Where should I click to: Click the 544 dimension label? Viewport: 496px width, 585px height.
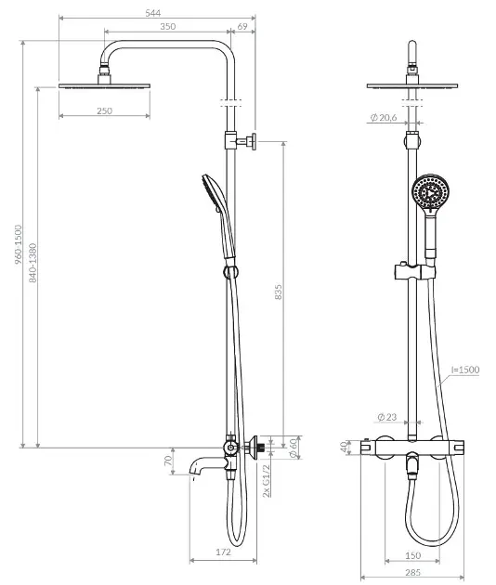click(x=153, y=13)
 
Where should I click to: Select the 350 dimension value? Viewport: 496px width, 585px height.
click(x=168, y=27)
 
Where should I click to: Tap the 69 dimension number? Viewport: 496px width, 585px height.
click(x=242, y=27)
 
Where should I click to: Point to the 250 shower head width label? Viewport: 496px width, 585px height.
click(x=105, y=110)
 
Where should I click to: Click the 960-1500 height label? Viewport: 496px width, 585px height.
click(x=19, y=245)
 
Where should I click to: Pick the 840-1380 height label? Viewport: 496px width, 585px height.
click(x=33, y=263)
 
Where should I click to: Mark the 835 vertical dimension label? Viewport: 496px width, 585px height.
click(x=278, y=292)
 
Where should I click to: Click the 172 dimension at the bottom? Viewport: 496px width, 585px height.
click(x=223, y=552)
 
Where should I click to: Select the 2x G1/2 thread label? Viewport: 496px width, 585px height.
click(x=266, y=481)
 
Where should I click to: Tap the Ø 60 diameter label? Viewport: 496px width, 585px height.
click(x=294, y=448)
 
